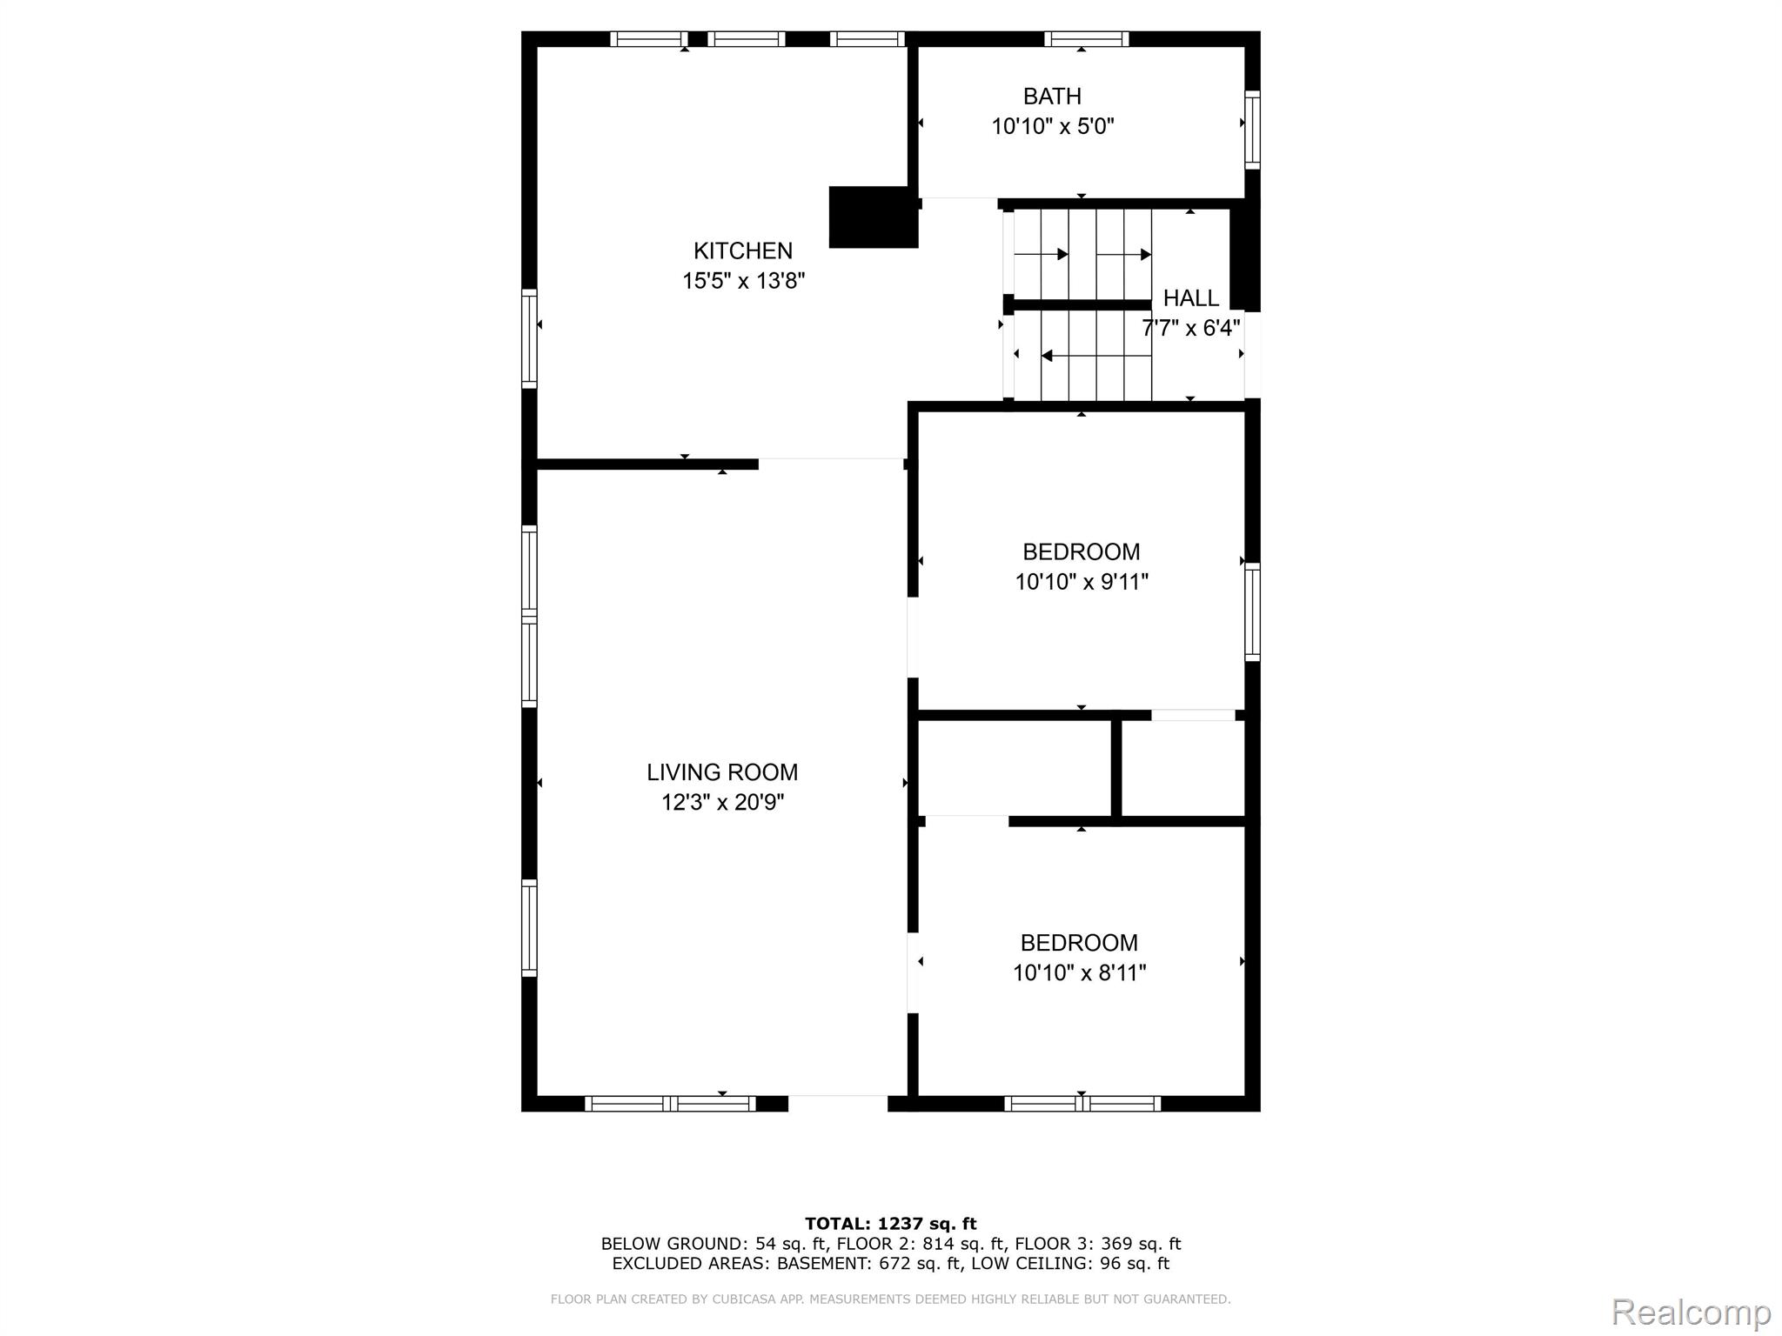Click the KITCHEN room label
[x=742, y=251]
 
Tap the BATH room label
[x=1052, y=97]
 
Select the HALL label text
[x=1190, y=298]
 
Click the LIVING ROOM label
[x=721, y=772]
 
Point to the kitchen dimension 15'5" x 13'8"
[x=743, y=282]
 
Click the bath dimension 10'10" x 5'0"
[x=1052, y=127]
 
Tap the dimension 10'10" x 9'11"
[x=1082, y=582]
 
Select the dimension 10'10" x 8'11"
[x=1079, y=973]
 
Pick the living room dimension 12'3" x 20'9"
[x=722, y=803]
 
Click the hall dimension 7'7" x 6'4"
[x=1190, y=329]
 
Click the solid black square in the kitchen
[x=873, y=217]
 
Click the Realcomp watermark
[x=1691, y=1312]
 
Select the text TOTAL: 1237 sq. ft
[x=890, y=1224]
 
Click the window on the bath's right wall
[x=1252, y=130]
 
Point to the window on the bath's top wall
[x=1086, y=39]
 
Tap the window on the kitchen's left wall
[x=529, y=338]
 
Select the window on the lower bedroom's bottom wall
[x=1082, y=1104]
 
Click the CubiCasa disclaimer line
[x=890, y=1299]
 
